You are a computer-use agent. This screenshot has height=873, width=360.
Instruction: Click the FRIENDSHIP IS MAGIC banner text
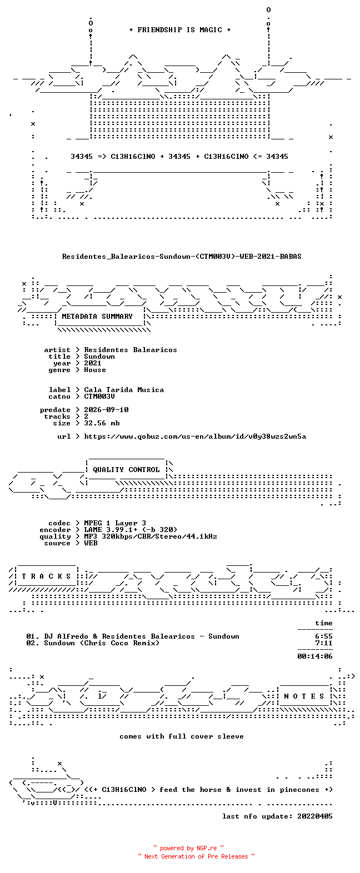pyautogui.click(x=180, y=30)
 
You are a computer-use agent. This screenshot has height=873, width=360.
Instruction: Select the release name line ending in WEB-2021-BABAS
pyautogui.click(x=181, y=257)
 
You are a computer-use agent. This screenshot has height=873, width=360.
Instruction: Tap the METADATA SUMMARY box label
pyautogui.click(x=97, y=317)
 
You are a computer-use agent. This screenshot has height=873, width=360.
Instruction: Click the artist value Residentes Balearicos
pyautogui.click(x=130, y=350)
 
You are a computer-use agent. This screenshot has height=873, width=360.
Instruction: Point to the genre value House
pyautogui.click(x=95, y=370)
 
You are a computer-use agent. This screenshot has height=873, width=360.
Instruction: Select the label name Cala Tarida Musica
pyautogui.click(x=124, y=390)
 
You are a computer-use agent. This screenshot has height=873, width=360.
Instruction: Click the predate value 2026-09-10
pyautogui.click(x=106, y=410)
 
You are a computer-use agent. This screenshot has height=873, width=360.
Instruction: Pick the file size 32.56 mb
pyautogui.click(x=102, y=423)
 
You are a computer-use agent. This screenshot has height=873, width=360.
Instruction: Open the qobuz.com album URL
pyautogui.click(x=195, y=436)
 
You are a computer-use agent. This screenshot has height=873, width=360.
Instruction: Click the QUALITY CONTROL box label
pyautogui.click(x=126, y=470)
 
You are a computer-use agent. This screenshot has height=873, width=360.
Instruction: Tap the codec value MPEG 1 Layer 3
pyautogui.click(x=115, y=523)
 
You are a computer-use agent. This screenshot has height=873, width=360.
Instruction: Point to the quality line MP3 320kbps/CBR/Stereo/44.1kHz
pyautogui.click(x=151, y=536)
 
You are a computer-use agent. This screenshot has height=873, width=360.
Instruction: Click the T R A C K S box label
pyautogui.click(x=46, y=576)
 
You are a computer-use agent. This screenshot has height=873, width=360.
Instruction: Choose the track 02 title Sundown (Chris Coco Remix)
pyautogui.click(x=102, y=643)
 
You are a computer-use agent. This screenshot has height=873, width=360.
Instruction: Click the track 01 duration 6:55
pyautogui.click(x=324, y=636)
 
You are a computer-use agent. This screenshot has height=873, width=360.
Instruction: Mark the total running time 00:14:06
pyautogui.click(x=315, y=656)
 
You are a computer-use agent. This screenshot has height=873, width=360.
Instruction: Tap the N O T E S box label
pyautogui.click(x=304, y=696)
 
